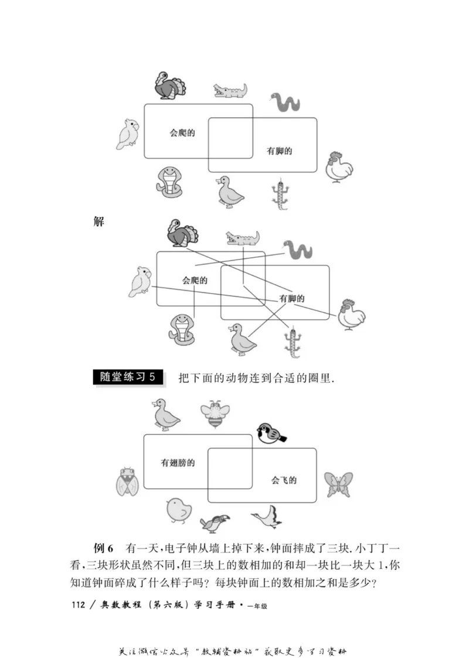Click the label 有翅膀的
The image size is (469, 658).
(178, 463)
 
